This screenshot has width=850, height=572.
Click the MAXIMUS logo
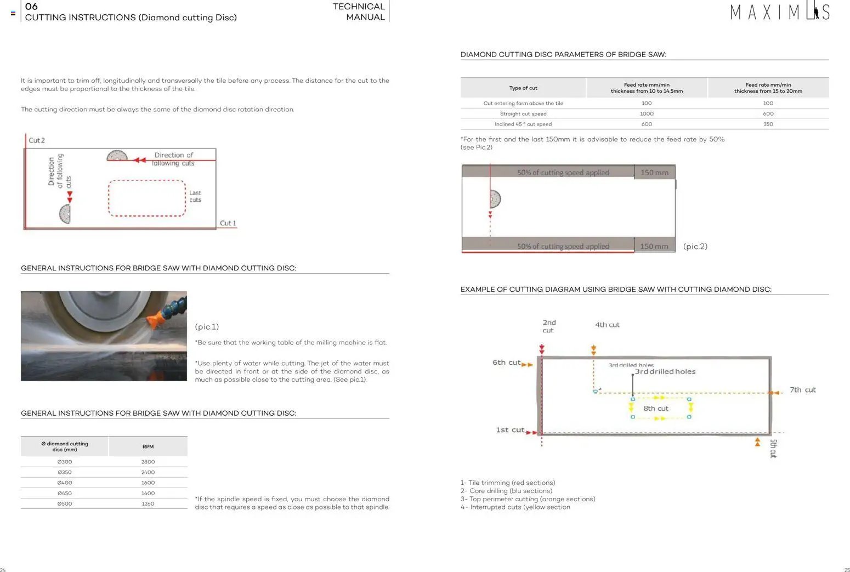tap(779, 12)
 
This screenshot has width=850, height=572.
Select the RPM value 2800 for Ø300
tap(148, 462)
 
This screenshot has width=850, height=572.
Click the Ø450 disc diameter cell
tap(65, 493)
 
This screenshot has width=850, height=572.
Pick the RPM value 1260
tap(148, 503)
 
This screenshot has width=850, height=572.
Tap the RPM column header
tap(148, 446)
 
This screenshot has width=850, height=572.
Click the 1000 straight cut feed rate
tap(647, 114)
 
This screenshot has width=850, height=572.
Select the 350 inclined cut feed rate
tap(768, 124)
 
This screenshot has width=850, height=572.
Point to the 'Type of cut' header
tap(523, 88)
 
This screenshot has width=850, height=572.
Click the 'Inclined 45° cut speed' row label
tap(523, 124)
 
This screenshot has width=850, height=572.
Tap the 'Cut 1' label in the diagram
tap(228, 223)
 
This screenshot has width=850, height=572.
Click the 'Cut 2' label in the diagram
tap(37, 140)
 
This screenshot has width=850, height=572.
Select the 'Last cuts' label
tap(195, 196)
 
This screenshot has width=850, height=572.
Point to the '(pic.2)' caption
tap(695, 246)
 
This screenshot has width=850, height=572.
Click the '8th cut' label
tap(656, 409)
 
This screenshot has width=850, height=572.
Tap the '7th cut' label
tap(802, 390)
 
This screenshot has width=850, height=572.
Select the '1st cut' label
tap(510, 430)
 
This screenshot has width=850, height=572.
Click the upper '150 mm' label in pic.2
tap(654, 172)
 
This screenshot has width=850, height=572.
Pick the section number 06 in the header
tap(31, 7)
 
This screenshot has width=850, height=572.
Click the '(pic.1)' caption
tap(207, 327)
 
